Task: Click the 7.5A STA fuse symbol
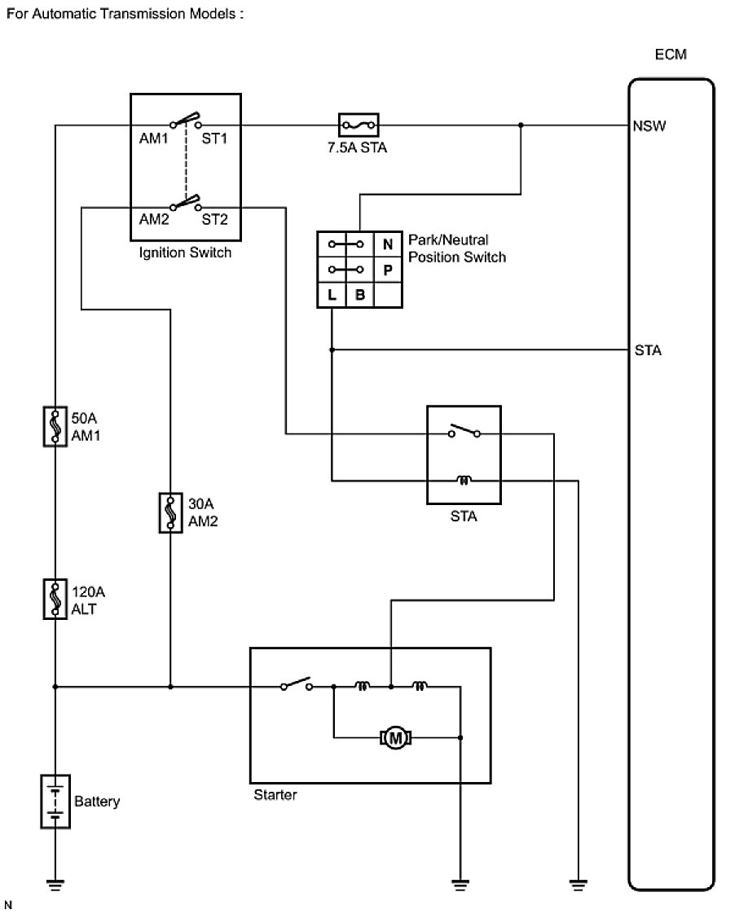pos(358,125)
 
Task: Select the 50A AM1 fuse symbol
pos(54,426)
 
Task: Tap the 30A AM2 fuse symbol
pos(170,512)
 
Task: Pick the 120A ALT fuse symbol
pos(54,599)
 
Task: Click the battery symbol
pos(54,802)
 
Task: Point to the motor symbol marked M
pos(397,738)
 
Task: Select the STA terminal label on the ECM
pos(648,351)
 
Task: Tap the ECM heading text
pos(671,55)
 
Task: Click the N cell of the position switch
pos(387,244)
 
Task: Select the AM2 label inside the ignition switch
pos(153,219)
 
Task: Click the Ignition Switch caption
pos(186,253)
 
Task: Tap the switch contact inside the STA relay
pos(464,431)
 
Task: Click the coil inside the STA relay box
pos(464,481)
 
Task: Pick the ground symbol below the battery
pos(54,881)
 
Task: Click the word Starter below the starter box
pos(275,794)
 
